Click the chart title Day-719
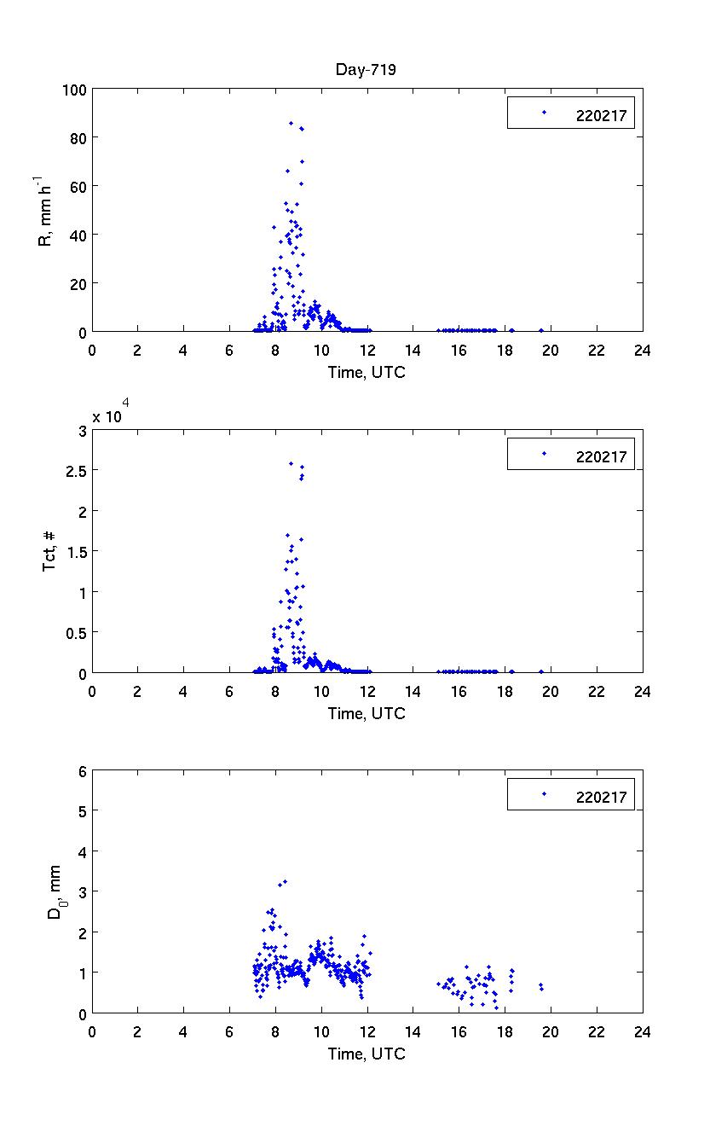click(x=367, y=70)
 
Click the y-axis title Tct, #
click(x=50, y=551)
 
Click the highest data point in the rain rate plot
click(x=291, y=123)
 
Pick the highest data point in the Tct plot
click(x=292, y=463)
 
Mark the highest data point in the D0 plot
click(x=285, y=881)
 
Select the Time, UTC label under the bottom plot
click(x=367, y=1054)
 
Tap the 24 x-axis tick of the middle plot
click(x=642, y=691)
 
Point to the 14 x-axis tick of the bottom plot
click(x=413, y=1031)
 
